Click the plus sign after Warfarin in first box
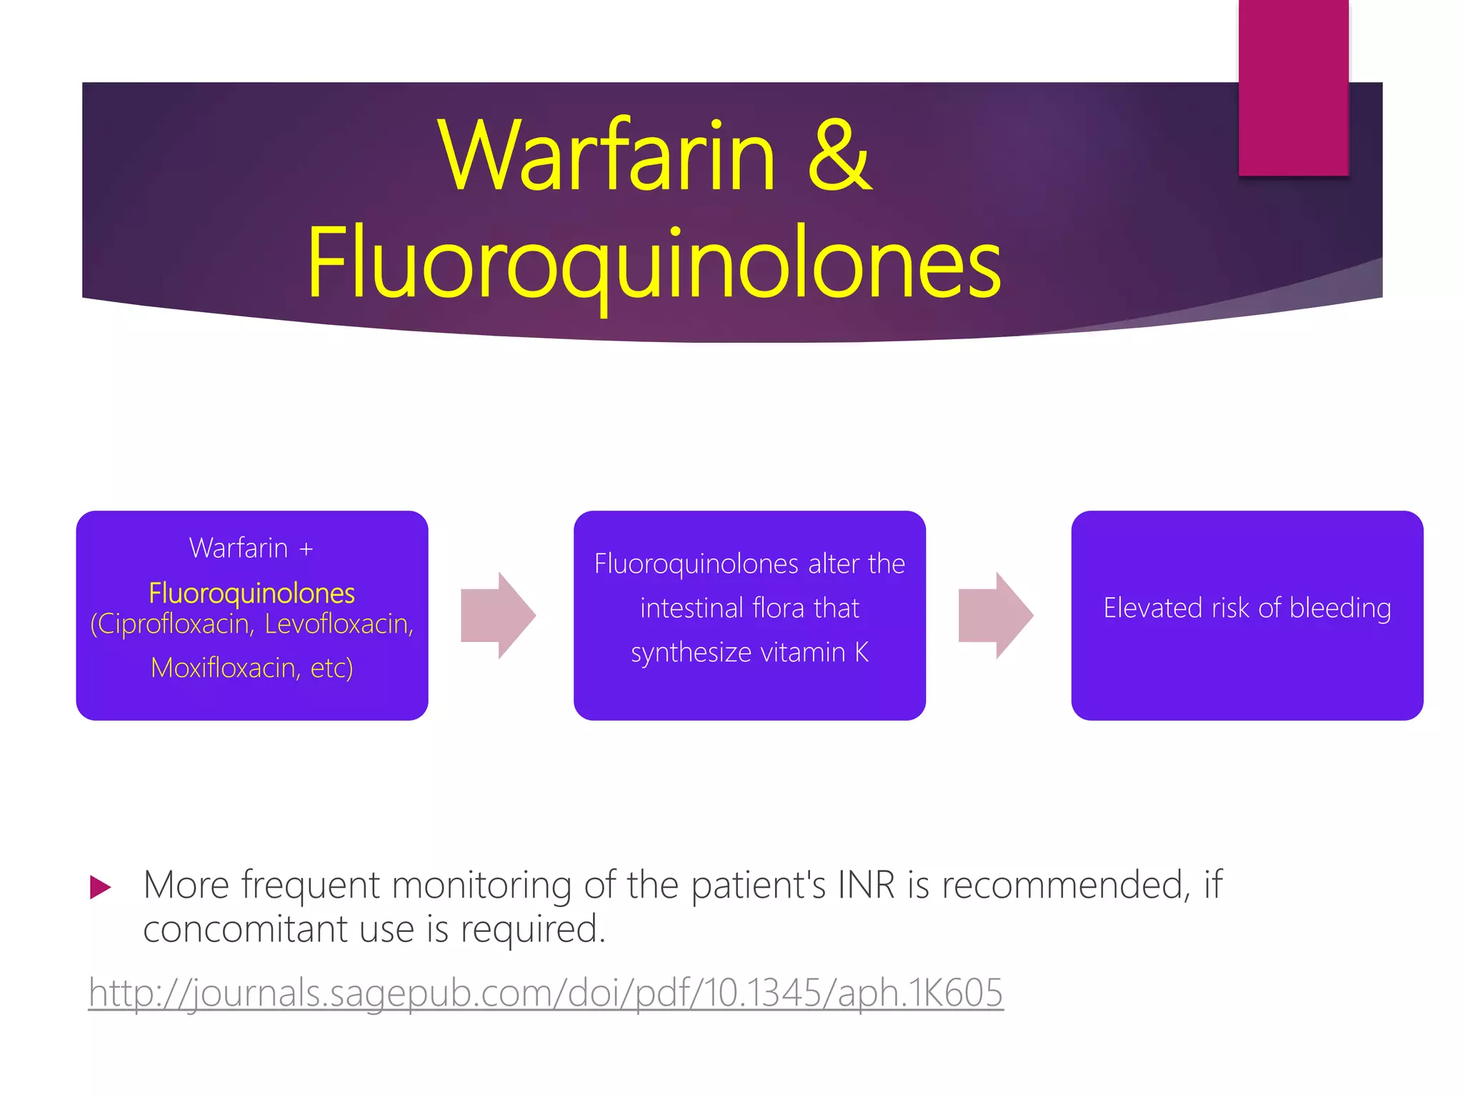tap(306, 549)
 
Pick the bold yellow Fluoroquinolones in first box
tap(251, 593)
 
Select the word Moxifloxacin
tap(224, 668)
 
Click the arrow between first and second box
tap(498, 615)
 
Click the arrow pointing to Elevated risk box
tap(995, 615)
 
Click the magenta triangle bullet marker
tap(100, 888)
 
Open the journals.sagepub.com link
tap(546, 993)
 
